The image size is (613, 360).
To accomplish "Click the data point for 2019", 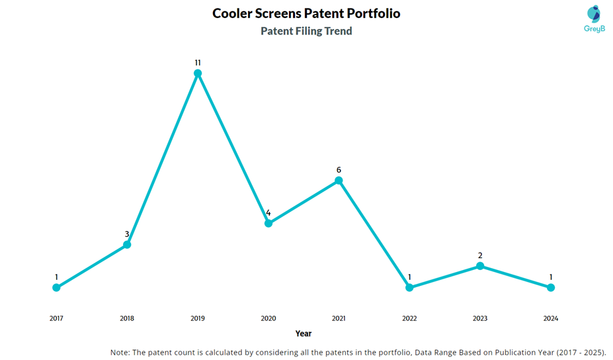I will tap(198, 73).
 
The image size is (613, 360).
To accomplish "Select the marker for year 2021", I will tap(339, 180).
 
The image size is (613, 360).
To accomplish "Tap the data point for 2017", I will tap(56, 287).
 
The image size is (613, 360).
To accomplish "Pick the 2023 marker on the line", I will tap(480, 266).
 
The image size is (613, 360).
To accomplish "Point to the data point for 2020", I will tap(268, 223).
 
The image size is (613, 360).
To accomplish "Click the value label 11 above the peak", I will tap(198, 63).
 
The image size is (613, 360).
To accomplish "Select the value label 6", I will tap(339, 170).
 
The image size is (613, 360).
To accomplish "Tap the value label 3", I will tap(127, 234).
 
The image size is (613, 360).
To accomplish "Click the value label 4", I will tap(268, 213).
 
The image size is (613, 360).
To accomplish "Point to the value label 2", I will tap(480, 255).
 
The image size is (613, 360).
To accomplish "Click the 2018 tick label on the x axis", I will tap(127, 318).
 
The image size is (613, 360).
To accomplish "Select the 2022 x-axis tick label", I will tap(409, 318).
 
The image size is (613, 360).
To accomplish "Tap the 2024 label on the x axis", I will tap(551, 318).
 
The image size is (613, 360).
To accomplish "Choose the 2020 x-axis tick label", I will tap(268, 318).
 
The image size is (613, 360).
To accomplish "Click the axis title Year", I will tap(304, 334).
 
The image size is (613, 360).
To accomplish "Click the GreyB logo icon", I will tap(594, 14).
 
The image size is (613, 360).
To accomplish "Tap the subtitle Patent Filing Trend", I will tap(306, 31).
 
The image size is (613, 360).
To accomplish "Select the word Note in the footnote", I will tap(122, 352).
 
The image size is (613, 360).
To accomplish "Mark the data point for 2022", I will tap(409, 287).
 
